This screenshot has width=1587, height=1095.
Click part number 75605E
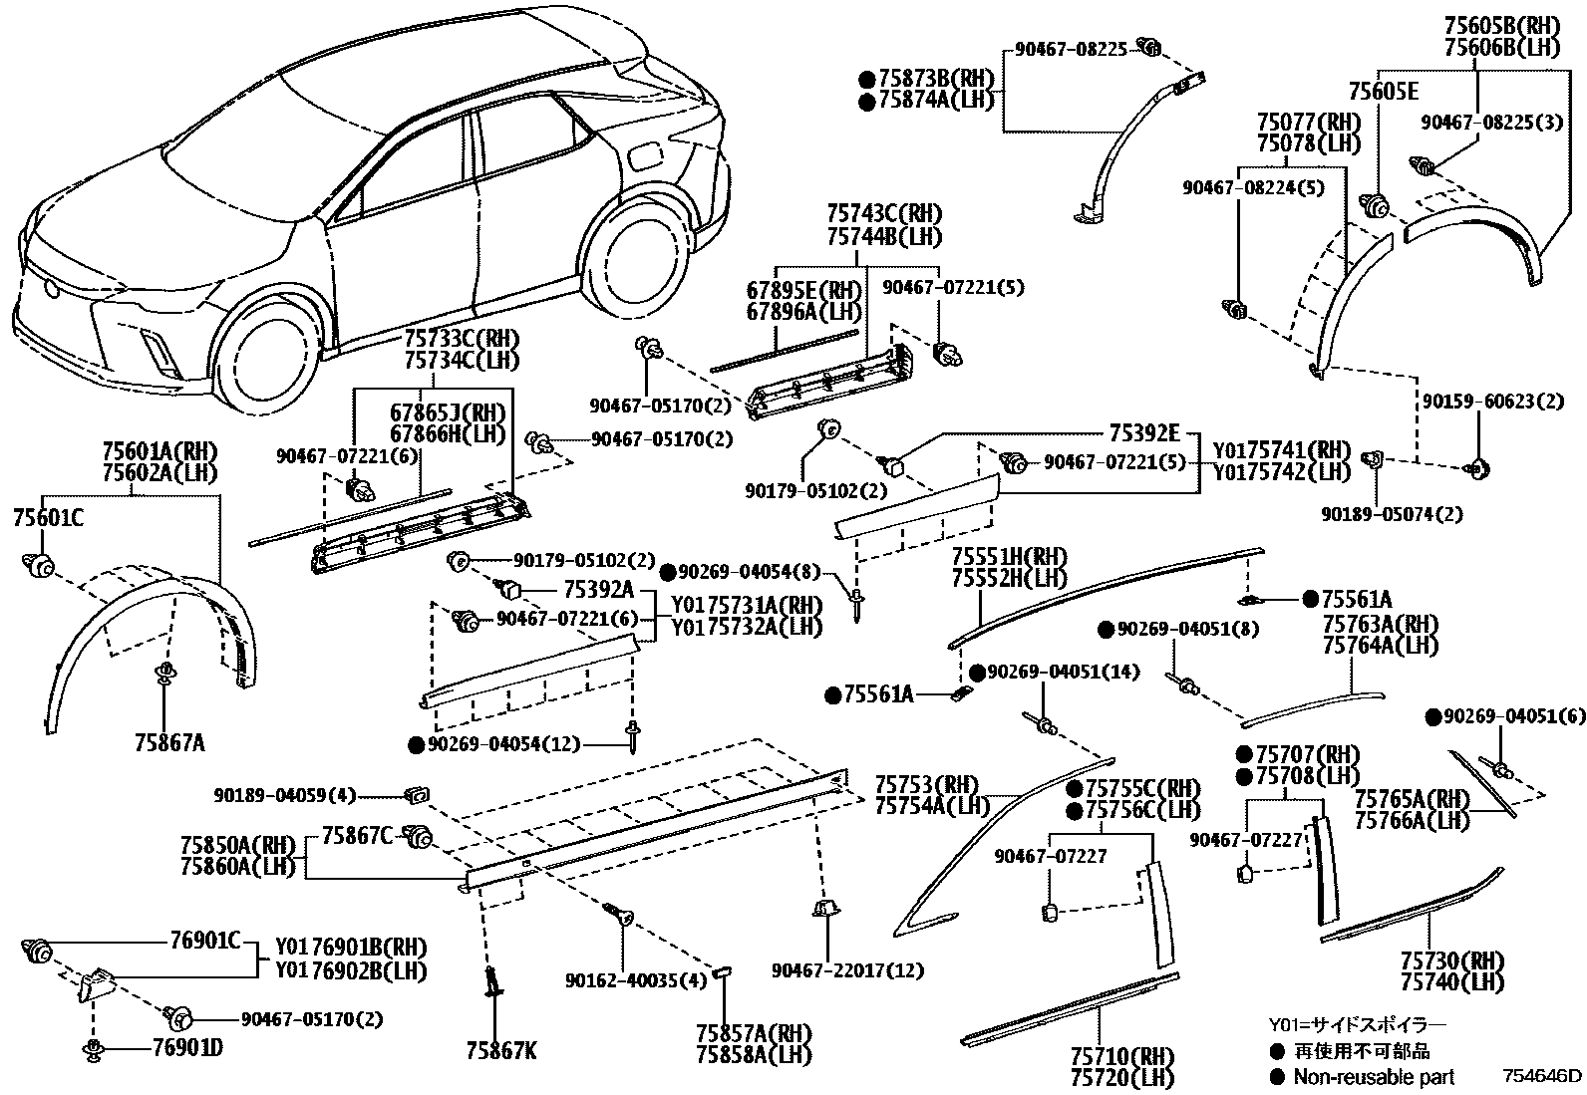(x=1383, y=92)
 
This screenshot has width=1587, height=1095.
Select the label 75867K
(x=501, y=1050)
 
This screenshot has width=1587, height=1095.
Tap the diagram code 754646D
(x=1542, y=1076)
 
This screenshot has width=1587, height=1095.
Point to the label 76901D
(x=187, y=1047)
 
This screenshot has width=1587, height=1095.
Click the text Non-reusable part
(x=1374, y=1077)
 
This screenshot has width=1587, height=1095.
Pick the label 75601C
(x=48, y=518)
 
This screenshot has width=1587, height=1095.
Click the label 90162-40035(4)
(x=636, y=980)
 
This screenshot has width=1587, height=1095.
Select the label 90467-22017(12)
(x=848, y=969)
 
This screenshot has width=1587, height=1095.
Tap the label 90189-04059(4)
(x=285, y=795)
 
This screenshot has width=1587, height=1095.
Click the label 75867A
(x=170, y=742)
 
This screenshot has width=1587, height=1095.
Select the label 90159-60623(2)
(x=1492, y=401)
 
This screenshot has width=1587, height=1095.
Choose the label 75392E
(x=1144, y=432)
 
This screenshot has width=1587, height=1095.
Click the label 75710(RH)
(x=1122, y=1057)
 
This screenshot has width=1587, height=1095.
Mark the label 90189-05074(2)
(x=1393, y=513)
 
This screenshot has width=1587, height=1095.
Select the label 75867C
(x=357, y=836)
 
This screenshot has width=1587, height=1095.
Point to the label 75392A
(x=599, y=589)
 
